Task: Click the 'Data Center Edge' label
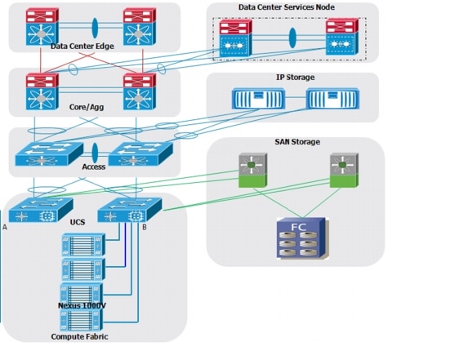[82, 47]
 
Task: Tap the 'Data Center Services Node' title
[286, 7]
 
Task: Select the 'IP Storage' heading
[295, 78]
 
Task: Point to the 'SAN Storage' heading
[297, 142]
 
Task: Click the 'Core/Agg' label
[87, 107]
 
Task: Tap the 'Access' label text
[94, 167]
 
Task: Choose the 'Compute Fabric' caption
[79, 336]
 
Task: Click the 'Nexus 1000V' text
[82, 305]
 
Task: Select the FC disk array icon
[301, 238]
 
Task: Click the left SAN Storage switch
[252, 171]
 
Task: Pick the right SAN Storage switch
[344, 171]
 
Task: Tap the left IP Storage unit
[258, 99]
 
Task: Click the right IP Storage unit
[332, 99]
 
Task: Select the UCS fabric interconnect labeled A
[41, 210]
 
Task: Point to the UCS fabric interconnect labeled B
[130, 210]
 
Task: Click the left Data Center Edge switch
[42, 27]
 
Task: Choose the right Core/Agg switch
[140, 92]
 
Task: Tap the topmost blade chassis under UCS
[83, 245]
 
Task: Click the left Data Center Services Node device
[235, 38]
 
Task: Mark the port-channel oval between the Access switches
[95, 153]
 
